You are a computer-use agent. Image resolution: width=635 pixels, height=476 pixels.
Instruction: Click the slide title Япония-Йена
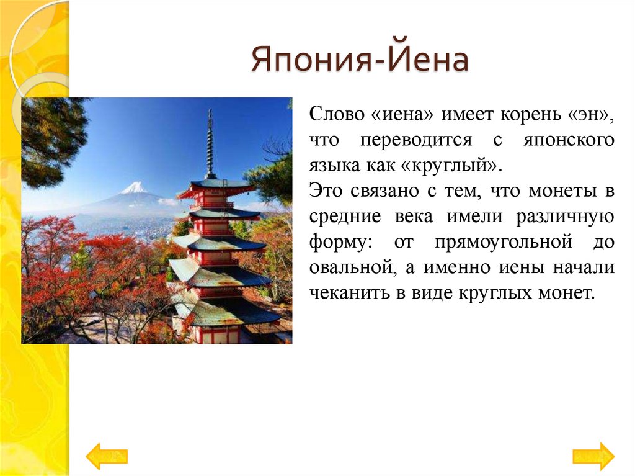tap(359, 63)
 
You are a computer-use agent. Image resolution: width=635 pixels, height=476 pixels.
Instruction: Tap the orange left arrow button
tap(106, 456)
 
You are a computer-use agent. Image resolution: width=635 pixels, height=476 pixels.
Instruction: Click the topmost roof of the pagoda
tap(214, 186)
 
